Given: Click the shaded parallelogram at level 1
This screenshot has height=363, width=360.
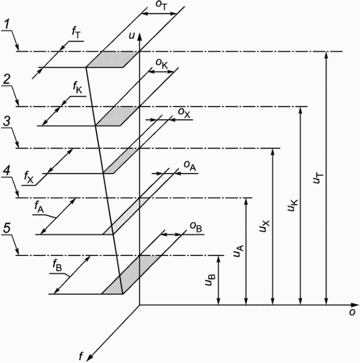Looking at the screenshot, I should click(x=112, y=59).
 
